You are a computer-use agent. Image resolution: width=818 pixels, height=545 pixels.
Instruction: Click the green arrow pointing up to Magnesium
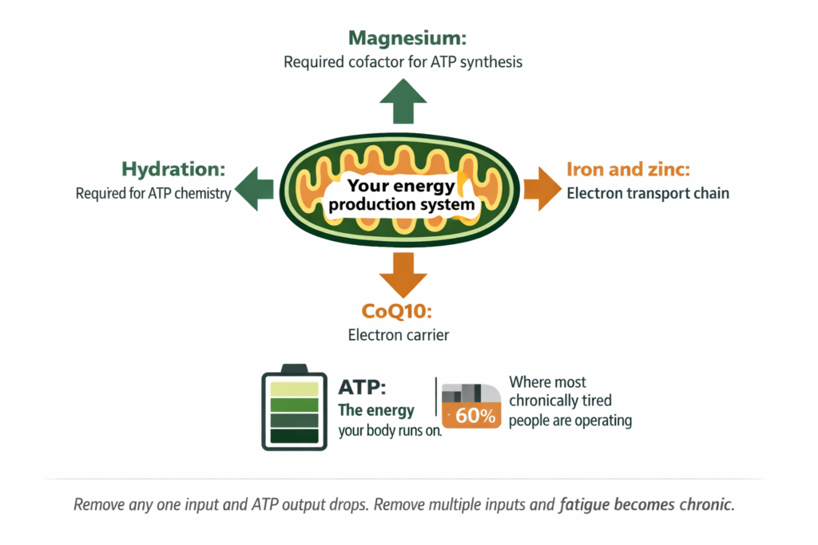pos(403,105)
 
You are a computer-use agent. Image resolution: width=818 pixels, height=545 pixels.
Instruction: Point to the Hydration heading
pos(173,169)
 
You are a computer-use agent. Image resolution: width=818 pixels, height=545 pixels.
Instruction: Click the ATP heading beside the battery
pos(362,388)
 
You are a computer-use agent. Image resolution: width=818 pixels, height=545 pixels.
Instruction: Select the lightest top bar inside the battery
pos(295,389)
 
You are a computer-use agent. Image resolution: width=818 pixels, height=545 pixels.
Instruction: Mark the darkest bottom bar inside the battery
pos(295,436)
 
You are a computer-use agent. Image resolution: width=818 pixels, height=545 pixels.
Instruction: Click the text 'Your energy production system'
pos(402,195)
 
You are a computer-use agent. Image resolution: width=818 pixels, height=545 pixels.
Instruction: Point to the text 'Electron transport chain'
pos(648,193)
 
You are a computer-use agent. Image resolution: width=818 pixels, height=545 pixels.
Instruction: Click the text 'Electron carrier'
pos(398,335)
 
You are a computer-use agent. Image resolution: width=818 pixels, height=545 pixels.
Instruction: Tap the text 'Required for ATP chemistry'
pos(153,193)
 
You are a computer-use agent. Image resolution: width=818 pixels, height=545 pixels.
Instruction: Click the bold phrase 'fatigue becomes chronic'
pos(646,505)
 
